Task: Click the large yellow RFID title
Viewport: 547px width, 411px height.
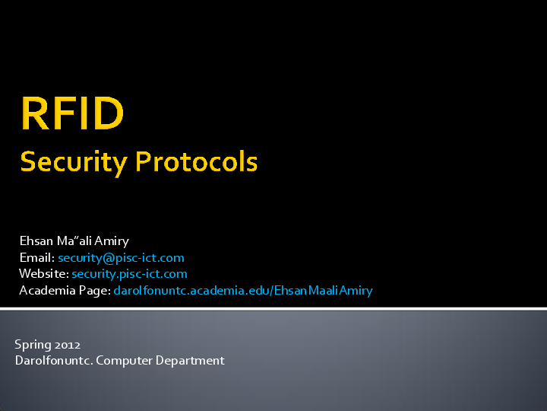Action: click(x=72, y=113)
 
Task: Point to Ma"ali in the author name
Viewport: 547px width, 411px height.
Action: click(x=73, y=241)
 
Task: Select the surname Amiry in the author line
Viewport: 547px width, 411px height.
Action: click(x=112, y=241)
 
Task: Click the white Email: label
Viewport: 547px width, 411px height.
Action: click(x=36, y=258)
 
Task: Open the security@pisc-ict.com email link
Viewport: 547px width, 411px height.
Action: click(x=121, y=258)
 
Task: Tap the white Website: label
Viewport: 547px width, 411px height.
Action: click(x=43, y=274)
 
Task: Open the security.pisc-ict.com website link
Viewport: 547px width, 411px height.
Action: click(x=129, y=274)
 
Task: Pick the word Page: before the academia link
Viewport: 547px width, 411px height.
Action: click(x=94, y=291)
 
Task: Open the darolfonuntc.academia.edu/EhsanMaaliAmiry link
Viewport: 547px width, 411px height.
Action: click(x=243, y=291)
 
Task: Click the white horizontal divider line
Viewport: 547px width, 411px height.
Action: click(x=273, y=308)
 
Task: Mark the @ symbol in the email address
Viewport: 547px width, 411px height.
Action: click(x=107, y=258)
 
